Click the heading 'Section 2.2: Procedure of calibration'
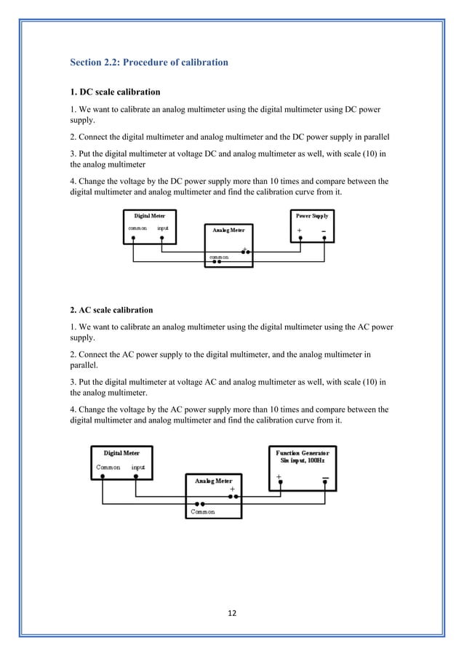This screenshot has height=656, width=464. pyautogui.click(x=148, y=63)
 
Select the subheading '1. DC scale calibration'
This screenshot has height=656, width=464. pyautogui.click(x=115, y=92)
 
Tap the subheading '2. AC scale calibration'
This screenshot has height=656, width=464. pyautogui.click(x=115, y=309)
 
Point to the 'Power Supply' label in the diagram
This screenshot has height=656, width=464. pyautogui.click(x=311, y=216)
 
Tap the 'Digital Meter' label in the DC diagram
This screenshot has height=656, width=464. pyautogui.click(x=150, y=216)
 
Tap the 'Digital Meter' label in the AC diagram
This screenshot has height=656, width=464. pyautogui.click(x=121, y=452)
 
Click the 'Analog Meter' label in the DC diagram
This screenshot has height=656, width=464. pyautogui.click(x=229, y=230)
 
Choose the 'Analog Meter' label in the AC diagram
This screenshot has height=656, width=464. pyautogui.click(x=214, y=481)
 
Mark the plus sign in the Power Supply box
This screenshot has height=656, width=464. pyautogui.click(x=300, y=233)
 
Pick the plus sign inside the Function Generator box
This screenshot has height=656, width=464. pyautogui.click(x=279, y=477)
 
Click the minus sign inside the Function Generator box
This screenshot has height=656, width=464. pyautogui.click(x=324, y=478)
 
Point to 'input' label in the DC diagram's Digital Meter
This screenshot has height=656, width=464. pyautogui.click(x=163, y=228)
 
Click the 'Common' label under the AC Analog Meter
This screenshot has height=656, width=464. pyautogui.click(x=202, y=512)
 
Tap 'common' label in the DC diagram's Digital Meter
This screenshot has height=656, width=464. pyautogui.click(x=137, y=228)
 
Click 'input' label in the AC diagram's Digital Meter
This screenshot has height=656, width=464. pyautogui.click(x=138, y=467)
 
